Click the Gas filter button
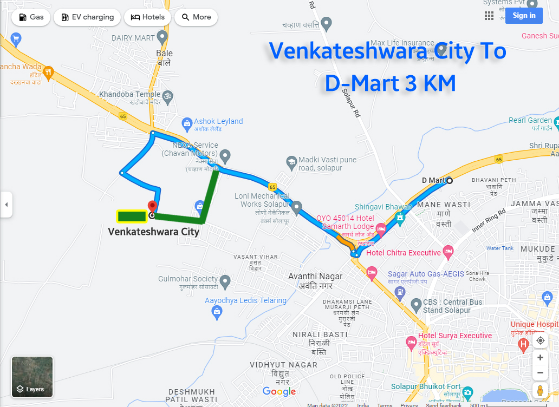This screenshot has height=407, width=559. click(x=31, y=17)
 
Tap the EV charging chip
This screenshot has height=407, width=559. click(x=87, y=17)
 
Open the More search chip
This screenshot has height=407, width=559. click(x=196, y=17)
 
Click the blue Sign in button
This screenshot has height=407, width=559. click(x=524, y=16)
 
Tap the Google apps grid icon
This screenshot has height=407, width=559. click(x=489, y=16)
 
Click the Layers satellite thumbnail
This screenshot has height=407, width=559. click(x=32, y=376)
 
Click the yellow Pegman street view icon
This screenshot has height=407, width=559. click(x=539, y=390)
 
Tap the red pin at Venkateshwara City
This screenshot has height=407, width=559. click(x=152, y=206)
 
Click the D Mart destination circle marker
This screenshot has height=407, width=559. click(x=449, y=180)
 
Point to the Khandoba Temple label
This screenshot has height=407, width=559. click(x=130, y=95)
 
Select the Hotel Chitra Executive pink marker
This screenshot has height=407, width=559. click(x=448, y=251)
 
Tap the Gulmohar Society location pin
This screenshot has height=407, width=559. click(x=225, y=281)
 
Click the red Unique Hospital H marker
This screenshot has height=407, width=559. click(x=523, y=344)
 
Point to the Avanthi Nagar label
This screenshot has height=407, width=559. click(x=315, y=277)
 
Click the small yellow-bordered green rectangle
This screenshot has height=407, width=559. click(x=132, y=216)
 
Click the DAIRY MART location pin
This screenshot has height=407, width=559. click(x=162, y=37)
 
